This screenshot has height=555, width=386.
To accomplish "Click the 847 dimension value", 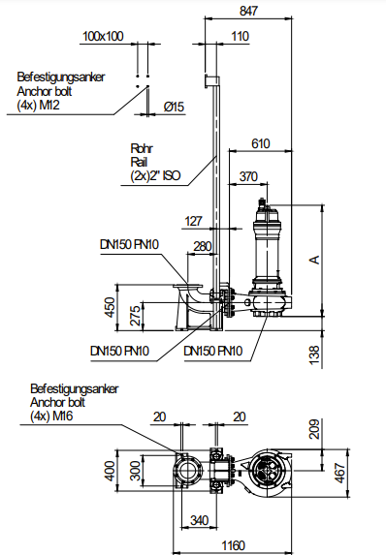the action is click(248, 11).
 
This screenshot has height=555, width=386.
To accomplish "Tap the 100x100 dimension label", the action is click(103, 36).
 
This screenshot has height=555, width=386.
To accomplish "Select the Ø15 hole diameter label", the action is click(174, 107).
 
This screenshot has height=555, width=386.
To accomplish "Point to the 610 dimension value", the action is click(261, 143).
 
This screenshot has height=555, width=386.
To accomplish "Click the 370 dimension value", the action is click(248, 176).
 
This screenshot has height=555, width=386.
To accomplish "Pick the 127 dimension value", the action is click(194, 221).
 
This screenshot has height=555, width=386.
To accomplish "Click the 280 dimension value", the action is click(203, 246).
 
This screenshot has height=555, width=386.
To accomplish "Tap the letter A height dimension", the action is click(314, 260).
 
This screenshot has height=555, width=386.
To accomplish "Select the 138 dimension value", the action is click(314, 355).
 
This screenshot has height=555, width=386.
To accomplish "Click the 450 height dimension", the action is click(111, 307).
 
